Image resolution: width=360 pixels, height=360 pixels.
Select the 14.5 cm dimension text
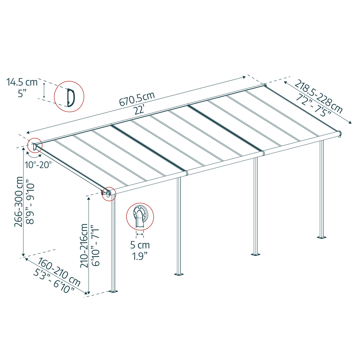pos(22,82)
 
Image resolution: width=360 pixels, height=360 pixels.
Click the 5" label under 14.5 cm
pos(22,94)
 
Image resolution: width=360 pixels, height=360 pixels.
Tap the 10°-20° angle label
pos(38,165)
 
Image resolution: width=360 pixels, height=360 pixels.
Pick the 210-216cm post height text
pos(84,246)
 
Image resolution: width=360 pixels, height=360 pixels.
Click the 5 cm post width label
pos(140,246)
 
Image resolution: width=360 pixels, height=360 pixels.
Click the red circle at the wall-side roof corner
pos(35,146)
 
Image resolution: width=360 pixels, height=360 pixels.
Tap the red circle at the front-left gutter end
pos(109,194)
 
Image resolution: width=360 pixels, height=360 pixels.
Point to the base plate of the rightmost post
pos(321,237)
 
